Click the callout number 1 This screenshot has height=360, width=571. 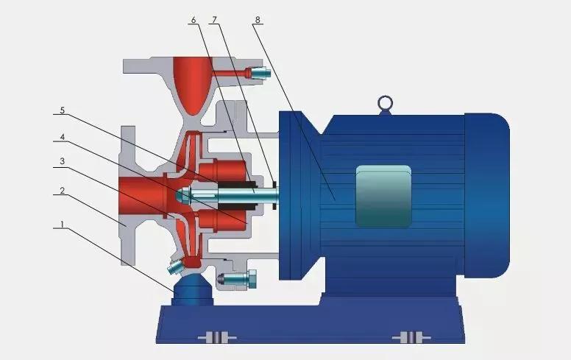point(62,225)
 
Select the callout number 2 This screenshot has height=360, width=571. point(63,191)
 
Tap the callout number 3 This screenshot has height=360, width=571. point(63,161)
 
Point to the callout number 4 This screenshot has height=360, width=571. point(63,137)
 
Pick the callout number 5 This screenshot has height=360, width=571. point(63,110)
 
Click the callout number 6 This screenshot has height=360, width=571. point(194,20)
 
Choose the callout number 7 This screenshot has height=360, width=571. point(214,20)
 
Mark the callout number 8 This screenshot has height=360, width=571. point(258,20)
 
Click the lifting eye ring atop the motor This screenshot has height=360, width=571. point(386,103)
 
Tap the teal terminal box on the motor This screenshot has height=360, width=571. point(383,196)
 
